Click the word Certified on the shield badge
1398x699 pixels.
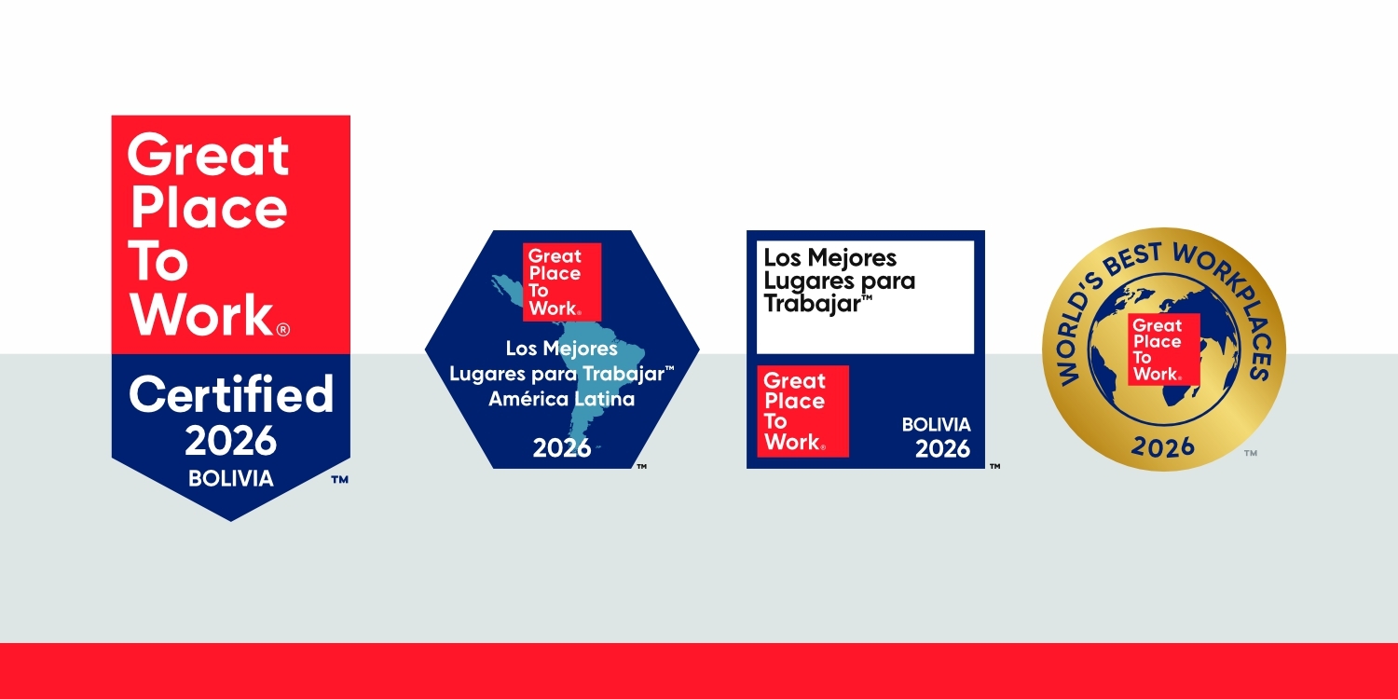click(x=230, y=394)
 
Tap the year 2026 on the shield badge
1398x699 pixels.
click(x=230, y=441)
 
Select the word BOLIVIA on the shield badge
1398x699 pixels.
click(x=230, y=479)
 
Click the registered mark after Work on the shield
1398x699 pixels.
click(x=283, y=329)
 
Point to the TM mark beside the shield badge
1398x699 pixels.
click(x=340, y=480)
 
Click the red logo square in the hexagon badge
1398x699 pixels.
click(x=561, y=281)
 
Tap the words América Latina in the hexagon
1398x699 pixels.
click(x=561, y=399)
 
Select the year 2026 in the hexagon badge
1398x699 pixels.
click(x=561, y=448)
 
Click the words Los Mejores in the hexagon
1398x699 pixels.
click(x=561, y=349)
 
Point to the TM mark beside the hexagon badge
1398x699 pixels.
click(x=641, y=466)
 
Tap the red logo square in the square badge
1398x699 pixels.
click(x=802, y=411)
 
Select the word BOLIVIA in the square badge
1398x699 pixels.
click(x=936, y=425)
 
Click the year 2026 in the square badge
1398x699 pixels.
click(x=942, y=449)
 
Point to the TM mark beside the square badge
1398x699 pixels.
click(x=994, y=466)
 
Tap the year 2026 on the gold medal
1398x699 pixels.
click(x=1163, y=446)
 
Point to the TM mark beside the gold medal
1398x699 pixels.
click(x=1250, y=453)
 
